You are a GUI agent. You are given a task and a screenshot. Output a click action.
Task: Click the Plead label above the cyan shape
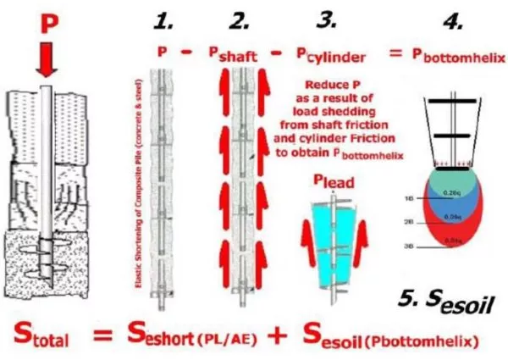tap(332, 180)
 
